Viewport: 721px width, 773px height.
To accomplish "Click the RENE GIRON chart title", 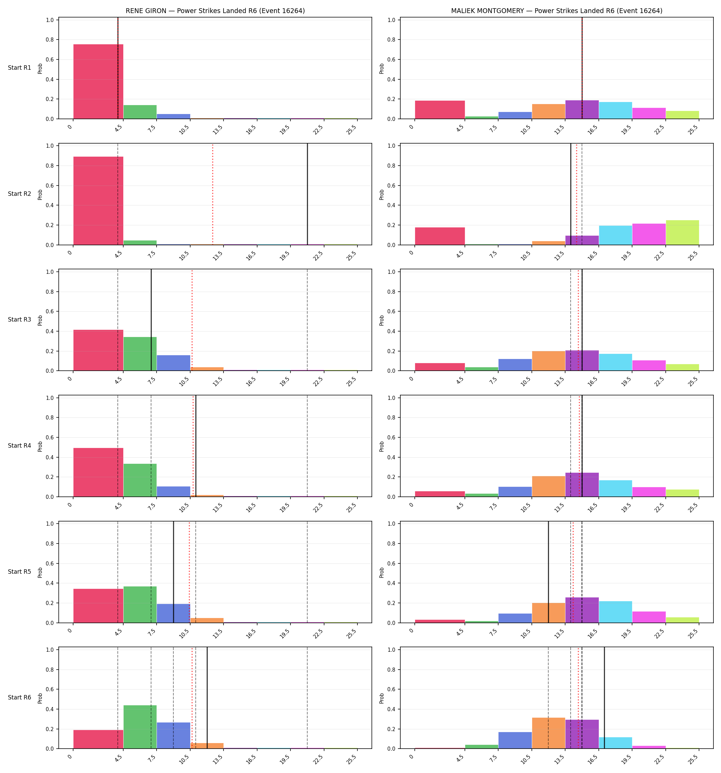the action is click(x=215, y=11).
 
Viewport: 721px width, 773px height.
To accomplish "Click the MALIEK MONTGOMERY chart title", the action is click(x=557, y=11).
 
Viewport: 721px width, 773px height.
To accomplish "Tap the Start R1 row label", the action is click(x=20, y=68).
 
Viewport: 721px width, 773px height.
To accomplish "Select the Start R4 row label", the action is click(x=20, y=446).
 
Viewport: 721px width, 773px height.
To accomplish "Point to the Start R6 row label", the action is click(x=20, y=697).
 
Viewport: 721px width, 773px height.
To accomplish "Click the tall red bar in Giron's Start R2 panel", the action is click(x=98, y=201).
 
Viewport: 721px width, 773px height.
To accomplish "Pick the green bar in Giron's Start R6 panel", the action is click(x=140, y=727).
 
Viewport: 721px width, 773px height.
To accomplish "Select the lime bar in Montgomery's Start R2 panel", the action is click(x=682, y=233).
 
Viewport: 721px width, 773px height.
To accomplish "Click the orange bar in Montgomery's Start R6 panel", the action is click(x=548, y=733).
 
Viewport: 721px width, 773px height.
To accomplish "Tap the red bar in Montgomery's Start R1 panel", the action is click(x=440, y=110).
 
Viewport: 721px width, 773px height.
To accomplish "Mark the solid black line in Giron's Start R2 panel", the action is click(x=307, y=194).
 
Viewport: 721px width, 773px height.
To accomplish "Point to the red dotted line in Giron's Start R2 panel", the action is click(x=213, y=194).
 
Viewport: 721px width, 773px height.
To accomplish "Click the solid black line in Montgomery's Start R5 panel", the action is click(x=548, y=572).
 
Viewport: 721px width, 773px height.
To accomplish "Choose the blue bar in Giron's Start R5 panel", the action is click(x=173, y=613).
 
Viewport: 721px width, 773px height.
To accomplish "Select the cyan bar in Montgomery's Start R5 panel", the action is click(x=615, y=612).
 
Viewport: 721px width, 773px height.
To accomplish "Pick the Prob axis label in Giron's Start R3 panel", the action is click(x=40, y=321).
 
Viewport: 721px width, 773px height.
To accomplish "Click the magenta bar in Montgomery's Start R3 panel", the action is click(x=649, y=366).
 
